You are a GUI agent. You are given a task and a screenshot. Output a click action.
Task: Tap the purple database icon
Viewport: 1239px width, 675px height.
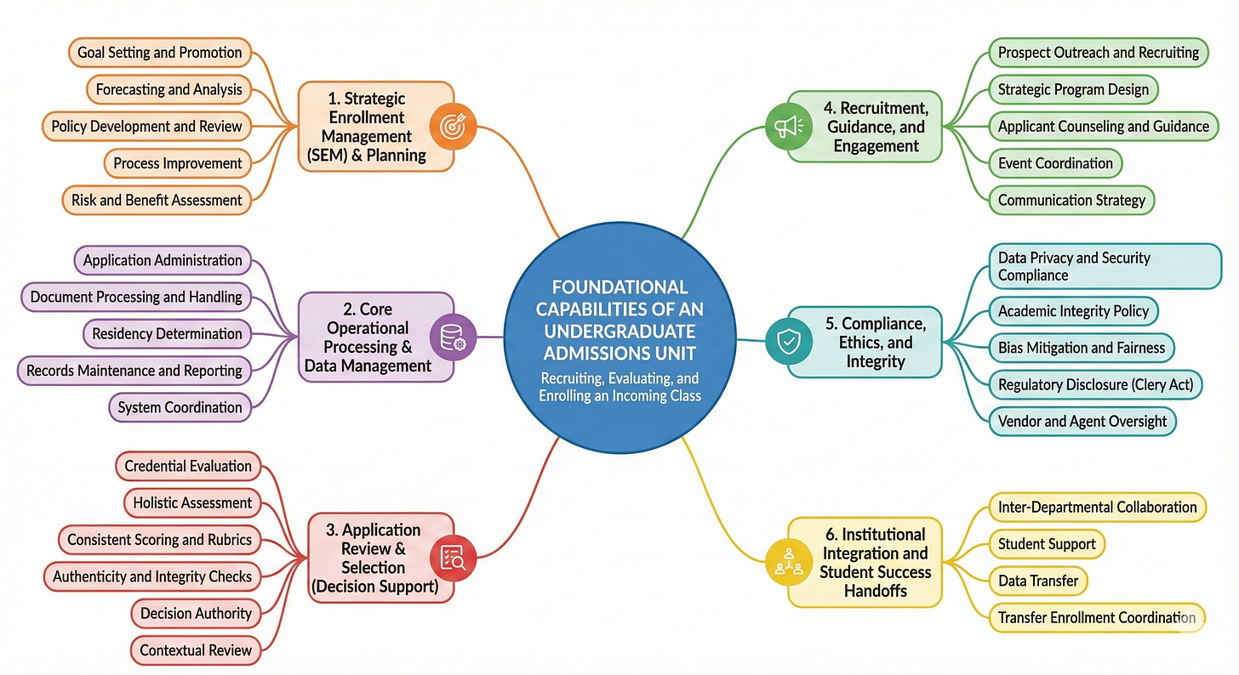pos(448,337)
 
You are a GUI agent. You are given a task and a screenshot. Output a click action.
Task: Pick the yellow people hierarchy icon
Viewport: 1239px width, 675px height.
pos(785,562)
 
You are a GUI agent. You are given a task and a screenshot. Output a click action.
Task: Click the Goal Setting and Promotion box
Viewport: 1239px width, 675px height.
pos(159,53)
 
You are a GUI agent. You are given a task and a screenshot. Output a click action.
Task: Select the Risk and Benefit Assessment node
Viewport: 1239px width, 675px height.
pos(151,201)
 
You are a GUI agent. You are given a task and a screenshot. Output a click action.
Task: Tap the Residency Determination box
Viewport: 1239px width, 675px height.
pos(168,333)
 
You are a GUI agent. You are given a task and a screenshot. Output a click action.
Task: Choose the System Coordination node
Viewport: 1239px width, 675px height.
pos(180,407)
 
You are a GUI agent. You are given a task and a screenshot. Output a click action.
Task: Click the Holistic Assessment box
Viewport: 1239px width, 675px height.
pos(192,502)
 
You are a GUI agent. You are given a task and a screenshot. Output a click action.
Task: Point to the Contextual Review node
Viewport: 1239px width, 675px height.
pos(196,650)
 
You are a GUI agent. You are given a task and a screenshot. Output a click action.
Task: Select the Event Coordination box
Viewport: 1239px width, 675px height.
pos(1054,163)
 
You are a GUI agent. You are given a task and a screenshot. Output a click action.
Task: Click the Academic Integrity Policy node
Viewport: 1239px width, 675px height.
pos(1073,311)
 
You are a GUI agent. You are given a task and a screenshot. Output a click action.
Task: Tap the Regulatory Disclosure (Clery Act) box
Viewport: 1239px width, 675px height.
pos(1095,385)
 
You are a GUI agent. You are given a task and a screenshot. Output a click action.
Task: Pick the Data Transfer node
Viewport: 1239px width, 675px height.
pos(1037,581)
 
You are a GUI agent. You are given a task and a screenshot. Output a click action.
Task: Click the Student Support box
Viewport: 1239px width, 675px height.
pos(1047,544)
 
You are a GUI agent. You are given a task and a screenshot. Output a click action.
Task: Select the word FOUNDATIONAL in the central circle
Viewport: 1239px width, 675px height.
pos(619,286)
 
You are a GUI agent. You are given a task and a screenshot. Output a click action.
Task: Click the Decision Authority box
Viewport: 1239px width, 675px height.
pos(196,613)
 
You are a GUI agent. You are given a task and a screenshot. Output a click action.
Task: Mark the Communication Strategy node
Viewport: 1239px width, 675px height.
pos(1071,201)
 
